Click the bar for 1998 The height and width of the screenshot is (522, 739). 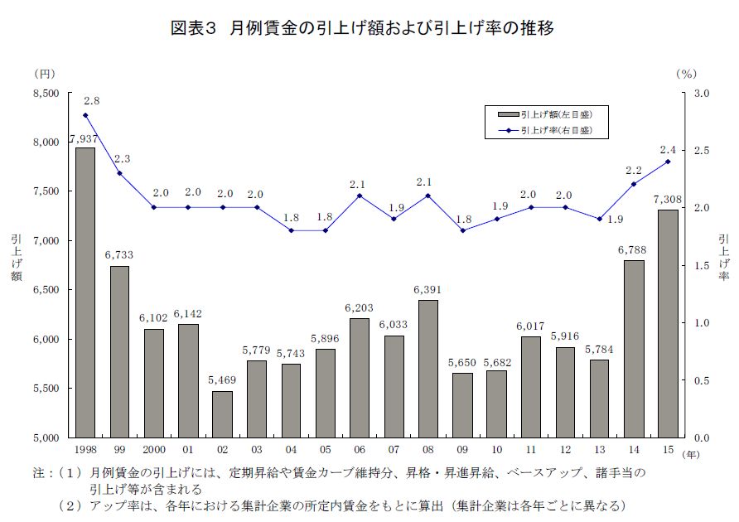[x=85, y=292]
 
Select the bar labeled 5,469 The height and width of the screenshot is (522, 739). [x=223, y=413]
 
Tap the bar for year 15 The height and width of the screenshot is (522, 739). [x=668, y=323]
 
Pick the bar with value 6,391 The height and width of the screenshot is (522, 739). [x=427, y=368]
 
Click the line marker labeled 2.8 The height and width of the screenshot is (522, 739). [x=85, y=115]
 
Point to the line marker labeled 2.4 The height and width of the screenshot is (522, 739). [x=668, y=162]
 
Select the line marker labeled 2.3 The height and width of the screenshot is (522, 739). [x=119, y=173]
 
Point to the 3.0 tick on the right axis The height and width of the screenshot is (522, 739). [x=701, y=94]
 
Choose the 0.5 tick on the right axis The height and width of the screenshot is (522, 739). [x=701, y=380]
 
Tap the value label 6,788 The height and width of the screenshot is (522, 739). [x=634, y=250]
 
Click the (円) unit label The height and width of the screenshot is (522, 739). [x=44, y=74]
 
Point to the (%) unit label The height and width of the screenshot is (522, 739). [x=687, y=74]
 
